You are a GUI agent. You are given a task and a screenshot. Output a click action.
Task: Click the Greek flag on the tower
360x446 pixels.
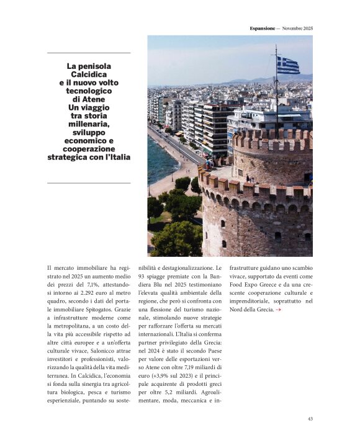pyautogui.click(x=287, y=65)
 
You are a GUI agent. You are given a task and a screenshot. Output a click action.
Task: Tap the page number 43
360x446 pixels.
pyautogui.click(x=310, y=419)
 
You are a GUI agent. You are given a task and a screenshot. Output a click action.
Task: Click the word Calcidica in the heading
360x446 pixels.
pyautogui.click(x=89, y=74)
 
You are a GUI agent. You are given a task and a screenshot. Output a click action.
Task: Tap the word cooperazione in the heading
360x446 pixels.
pyautogui.click(x=89, y=149)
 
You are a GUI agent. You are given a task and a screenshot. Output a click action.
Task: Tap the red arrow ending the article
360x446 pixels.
pyautogui.click(x=279, y=309)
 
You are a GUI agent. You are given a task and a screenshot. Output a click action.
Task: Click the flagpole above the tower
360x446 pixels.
pyautogui.click(x=276, y=93)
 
